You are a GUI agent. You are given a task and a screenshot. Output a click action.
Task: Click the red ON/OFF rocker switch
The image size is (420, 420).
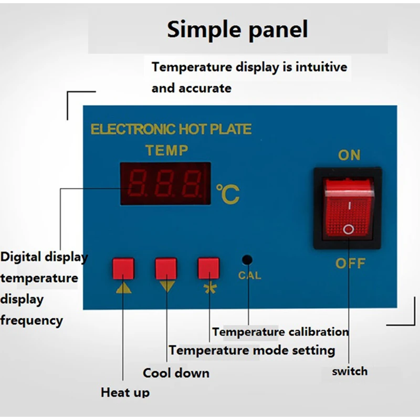click(348, 206)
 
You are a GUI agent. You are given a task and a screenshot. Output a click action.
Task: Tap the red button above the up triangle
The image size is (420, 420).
click(123, 268)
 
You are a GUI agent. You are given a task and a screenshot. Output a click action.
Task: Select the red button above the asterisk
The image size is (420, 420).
click(208, 268)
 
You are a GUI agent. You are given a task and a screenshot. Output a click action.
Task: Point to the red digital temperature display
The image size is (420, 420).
click(165, 183)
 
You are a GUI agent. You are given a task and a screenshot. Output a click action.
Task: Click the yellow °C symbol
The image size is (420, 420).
click(228, 194)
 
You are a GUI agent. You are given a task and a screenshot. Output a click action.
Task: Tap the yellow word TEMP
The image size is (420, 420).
click(166, 151)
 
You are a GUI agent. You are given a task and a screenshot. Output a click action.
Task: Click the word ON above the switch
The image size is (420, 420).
click(349, 155)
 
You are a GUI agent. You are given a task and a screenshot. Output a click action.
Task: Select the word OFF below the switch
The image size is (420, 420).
click(350, 263)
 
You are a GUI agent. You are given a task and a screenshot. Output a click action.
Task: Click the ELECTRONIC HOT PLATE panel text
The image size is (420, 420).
click(171, 129)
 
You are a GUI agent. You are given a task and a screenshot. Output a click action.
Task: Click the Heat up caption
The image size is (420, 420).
click(125, 392)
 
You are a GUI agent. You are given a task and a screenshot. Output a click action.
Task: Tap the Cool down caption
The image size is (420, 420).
click(176, 373)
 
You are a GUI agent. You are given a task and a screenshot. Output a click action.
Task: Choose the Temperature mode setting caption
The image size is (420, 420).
click(252, 350)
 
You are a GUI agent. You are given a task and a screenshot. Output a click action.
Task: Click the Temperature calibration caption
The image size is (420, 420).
click(280, 332)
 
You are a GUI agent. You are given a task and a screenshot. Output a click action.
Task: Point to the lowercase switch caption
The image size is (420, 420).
click(350, 372)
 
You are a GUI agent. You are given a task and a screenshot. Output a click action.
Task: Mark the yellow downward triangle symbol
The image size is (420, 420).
click(166, 286)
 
